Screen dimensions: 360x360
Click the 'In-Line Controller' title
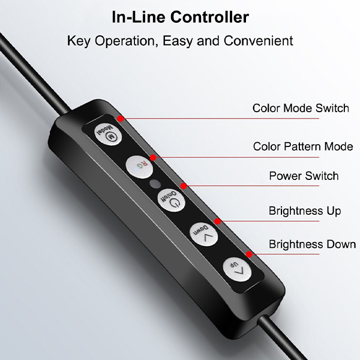[181, 17]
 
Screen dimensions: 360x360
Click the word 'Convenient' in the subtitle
[258, 41]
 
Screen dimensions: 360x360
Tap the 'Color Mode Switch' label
[301, 108]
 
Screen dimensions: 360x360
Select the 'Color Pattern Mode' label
[303, 146]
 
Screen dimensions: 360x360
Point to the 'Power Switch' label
[304, 176]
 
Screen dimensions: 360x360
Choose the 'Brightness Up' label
[305, 211]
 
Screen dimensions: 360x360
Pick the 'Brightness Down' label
[312, 244]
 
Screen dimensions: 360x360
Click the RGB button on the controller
[139, 167]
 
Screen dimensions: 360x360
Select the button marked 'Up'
[237, 269]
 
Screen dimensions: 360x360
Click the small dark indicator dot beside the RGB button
[155, 184]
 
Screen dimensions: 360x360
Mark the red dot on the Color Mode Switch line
[121, 119]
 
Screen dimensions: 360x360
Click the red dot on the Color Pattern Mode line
[153, 157]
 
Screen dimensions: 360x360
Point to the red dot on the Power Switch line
[184, 186]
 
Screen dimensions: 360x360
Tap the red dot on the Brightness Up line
[217, 221]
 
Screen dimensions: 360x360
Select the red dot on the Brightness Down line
[249, 254]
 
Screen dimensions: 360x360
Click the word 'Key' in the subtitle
[78, 41]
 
